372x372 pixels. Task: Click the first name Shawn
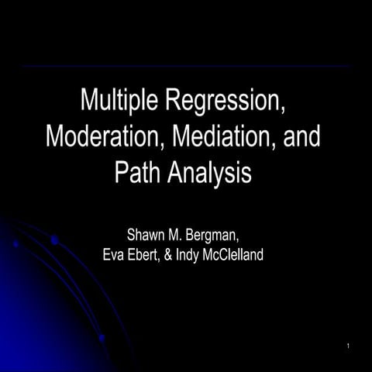(x=145, y=235)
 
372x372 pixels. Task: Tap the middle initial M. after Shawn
(x=177, y=235)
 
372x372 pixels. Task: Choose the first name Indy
(x=201, y=253)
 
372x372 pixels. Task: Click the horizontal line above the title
(x=186, y=67)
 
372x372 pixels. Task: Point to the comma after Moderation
(x=145, y=145)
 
